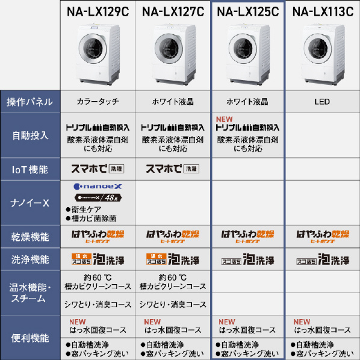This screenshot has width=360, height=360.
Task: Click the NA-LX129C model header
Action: click(x=98, y=11)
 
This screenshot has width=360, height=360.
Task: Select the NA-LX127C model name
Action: click(x=173, y=11)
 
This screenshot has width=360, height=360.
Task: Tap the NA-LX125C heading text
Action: click(x=247, y=11)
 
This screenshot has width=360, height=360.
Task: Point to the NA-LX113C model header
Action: click(x=322, y=11)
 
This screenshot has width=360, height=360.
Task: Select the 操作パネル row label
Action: click(x=30, y=102)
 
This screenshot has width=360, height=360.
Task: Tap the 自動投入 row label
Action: click(x=30, y=135)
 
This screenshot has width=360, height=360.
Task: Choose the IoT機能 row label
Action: click(x=30, y=169)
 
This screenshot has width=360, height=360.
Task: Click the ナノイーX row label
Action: click(x=30, y=203)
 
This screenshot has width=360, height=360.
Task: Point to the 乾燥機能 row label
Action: click(x=30, y=237)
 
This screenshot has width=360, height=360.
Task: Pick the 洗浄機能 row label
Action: click(x=30, y=260)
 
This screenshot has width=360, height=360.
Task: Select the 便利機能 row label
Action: click(x=30, y=338)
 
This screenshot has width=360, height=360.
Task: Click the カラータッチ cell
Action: click(x=98, y=102)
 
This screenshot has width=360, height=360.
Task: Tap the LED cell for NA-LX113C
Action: click(x=322, y=102)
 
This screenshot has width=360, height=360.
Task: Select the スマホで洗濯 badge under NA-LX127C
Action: click(x=173, y=169)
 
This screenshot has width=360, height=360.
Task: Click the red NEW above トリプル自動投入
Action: click(x=224, y=119)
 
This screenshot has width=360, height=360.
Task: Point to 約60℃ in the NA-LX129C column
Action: click(x=98, y=278)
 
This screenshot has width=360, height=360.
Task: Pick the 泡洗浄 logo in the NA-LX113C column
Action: click(x=322, y=260)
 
